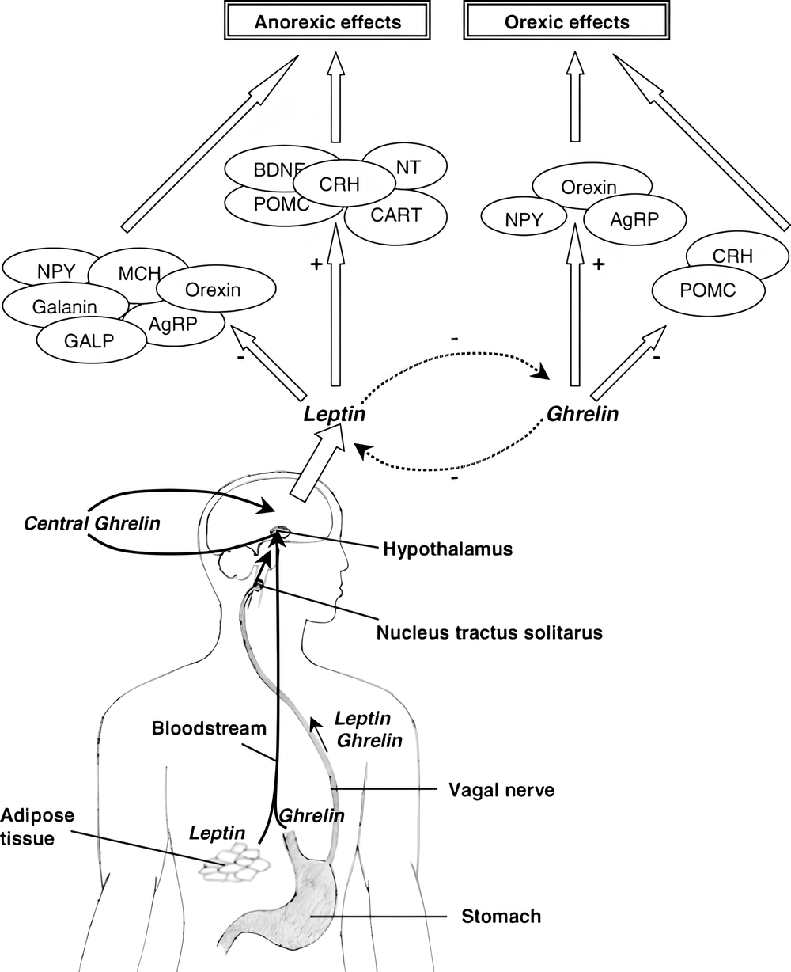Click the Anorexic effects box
[x=327, y=21]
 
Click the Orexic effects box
[x=567, y=21]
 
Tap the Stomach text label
[x=501, y=917]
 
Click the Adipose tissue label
[x=28, y=826]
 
